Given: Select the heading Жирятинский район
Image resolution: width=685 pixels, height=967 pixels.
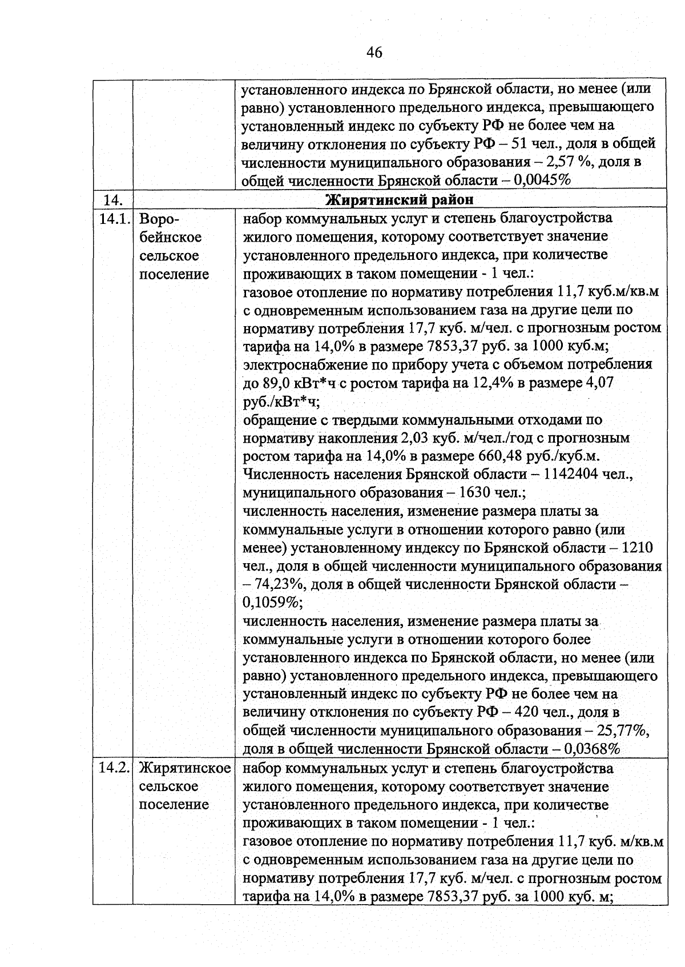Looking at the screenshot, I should point(399,200).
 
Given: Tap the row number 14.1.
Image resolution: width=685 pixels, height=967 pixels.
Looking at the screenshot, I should point(113,219).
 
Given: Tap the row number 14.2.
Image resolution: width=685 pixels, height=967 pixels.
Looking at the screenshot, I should point(113,768).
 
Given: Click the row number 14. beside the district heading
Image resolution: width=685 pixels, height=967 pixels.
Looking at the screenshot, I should point(112,200).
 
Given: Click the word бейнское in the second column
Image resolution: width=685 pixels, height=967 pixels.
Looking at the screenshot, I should point(170,237).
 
